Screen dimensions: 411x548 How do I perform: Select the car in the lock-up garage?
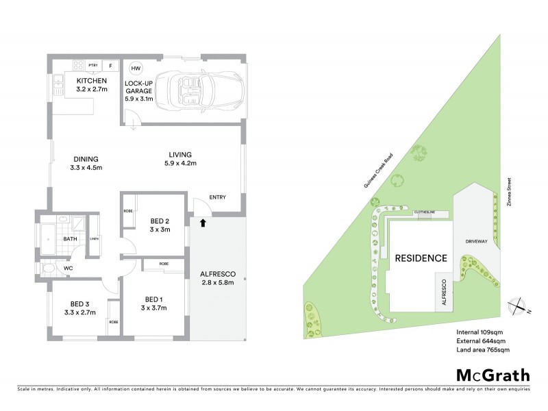pyautogui.click(x=194, y=89)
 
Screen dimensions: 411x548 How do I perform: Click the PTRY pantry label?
pyautogui.click(x=92, y=66)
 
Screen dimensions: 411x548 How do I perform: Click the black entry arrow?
pyautogui.click(x=203, y=222)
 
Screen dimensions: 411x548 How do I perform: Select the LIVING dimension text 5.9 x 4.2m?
pyautogui.click(x=181, y=163)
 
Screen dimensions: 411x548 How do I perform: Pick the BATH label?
pyautogui.click(x=71, y=239)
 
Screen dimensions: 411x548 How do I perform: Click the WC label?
pyautogui.click(x=68, y=268)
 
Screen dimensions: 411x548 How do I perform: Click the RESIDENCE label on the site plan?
pyautogui.click(x=421, y=258)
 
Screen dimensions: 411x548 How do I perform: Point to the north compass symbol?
pyautogui.click(x=519, y=306)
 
